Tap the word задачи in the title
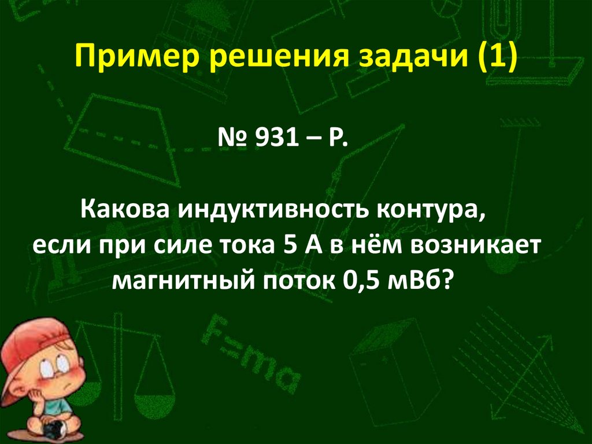pyautogui.click(x=362, y=60)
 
